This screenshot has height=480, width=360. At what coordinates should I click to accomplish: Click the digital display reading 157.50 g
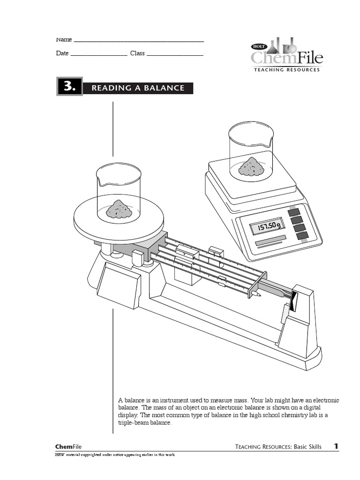pyautogui.click(x=267, y=227)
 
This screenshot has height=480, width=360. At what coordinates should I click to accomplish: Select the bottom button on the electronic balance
pyautogui.click(x=303, y=235)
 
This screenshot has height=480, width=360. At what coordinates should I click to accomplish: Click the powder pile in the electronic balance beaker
pyautogui.click(x=251, y=167)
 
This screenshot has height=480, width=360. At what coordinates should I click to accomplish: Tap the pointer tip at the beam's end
pyautogui.click(x=256, y=294)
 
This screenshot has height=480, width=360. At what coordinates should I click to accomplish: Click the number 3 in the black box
pyautogui.click(x=69, y=87)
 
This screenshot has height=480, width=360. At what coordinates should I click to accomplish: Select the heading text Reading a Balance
pyautogui.click(x=138, y=88)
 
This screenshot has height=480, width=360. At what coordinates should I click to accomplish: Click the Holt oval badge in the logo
pyautogui.click(x=259, y=46)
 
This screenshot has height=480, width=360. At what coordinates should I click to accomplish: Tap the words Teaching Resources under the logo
pyautogui.click(x=286, y=70)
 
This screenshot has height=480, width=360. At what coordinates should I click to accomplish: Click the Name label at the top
pyautogui.click(x=64, y=39)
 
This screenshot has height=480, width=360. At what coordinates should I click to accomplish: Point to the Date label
pyautogui.click(x=62, y=53)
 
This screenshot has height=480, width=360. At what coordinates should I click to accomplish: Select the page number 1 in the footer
pyautogui.click(x=336, y=446)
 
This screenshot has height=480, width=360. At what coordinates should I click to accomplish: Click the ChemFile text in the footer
pyautogui.click(x=68, y=447)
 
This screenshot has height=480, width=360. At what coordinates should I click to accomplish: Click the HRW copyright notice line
pyautogui.click(x=114, y=455)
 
